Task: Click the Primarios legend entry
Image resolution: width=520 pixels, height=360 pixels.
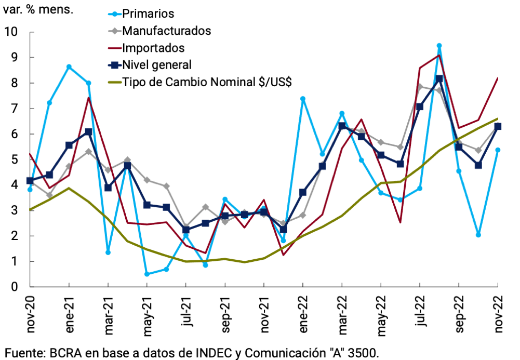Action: [148, 14]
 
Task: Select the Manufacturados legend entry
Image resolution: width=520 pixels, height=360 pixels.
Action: [166, 31]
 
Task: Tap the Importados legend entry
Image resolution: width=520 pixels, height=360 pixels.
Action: [153, 48]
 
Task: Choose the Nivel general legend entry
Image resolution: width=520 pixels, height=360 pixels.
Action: [157, 65]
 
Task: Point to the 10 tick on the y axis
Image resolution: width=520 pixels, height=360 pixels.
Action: [11, 32]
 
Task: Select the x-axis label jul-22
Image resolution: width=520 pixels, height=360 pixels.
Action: [420, 311]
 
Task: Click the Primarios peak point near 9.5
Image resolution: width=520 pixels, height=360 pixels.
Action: [439, 46]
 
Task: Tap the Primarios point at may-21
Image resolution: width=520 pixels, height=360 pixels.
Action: [147, 274]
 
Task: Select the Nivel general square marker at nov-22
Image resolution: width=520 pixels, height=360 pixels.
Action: [498, 126]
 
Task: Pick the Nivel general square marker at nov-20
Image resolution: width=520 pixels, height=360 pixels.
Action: [30, 181]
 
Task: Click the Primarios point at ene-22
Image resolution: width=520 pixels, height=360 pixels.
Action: [303, 99]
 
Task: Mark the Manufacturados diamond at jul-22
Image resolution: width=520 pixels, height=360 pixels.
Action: [420, 87]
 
